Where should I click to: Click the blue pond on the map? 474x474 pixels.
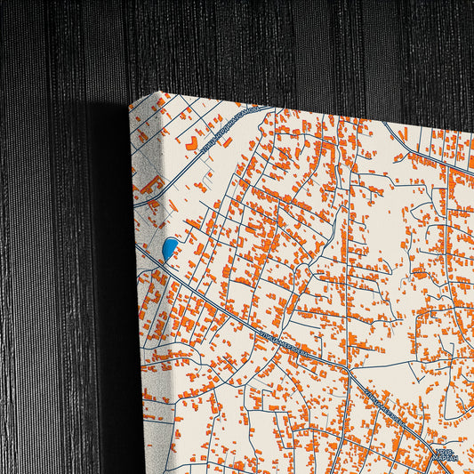coord(169,249)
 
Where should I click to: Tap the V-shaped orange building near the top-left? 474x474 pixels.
coord(190,141)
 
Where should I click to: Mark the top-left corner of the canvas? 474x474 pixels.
coord(160,92)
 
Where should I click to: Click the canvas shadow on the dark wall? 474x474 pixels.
coord(111,267)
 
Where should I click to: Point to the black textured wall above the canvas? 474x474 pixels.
coord(267,44)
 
